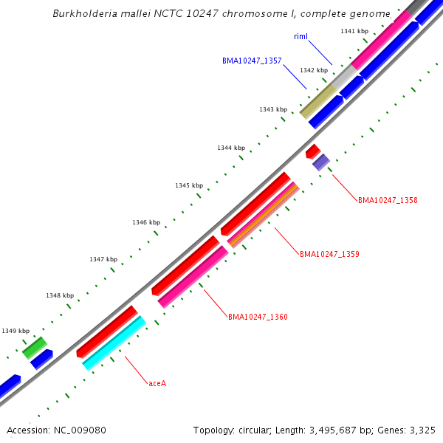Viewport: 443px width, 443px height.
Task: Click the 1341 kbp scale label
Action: point(354,31)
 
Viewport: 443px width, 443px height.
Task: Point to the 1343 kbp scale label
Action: point(273,109)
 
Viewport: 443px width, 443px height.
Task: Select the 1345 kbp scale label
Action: point(188,185)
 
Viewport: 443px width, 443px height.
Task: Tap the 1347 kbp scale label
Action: point(103,259)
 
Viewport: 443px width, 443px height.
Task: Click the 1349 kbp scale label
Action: point(16,331)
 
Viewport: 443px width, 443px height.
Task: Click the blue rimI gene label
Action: point(301,36)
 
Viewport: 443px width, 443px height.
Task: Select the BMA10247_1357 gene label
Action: point(252,61)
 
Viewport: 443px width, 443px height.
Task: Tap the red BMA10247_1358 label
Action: point(388,200)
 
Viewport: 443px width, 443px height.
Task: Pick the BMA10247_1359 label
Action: point(329,254)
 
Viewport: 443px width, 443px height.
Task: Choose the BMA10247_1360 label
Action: point(258,317)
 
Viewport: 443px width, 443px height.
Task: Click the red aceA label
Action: point(157,383)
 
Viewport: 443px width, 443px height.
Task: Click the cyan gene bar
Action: point(114,343)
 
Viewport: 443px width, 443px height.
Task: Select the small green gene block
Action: point(35,348)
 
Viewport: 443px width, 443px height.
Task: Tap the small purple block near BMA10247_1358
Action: point(320,162)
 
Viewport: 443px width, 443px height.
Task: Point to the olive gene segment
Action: point(318,100)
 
